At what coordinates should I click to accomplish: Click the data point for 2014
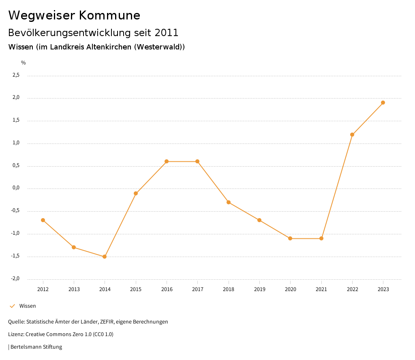tap(105, 257)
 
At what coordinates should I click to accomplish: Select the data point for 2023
tap(383, 103)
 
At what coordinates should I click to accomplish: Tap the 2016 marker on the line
tap(167, 161)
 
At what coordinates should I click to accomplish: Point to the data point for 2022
tap(352, 135)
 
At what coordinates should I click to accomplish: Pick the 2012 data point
tap(43, 220)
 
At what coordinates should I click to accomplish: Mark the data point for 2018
tap(229, 202)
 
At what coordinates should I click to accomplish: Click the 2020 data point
tap(290, 238)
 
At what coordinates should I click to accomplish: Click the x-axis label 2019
tap(259, 289)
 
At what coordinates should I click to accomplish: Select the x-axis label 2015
tap(136, 289)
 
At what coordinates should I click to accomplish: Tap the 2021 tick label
tap(321, 289)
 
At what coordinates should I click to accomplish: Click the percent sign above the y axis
tap(24, 63)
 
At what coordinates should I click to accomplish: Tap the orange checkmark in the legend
tap(12, 306)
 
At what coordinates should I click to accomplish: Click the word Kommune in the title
tap(109, 15)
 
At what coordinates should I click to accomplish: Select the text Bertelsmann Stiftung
tap(36, 347)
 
